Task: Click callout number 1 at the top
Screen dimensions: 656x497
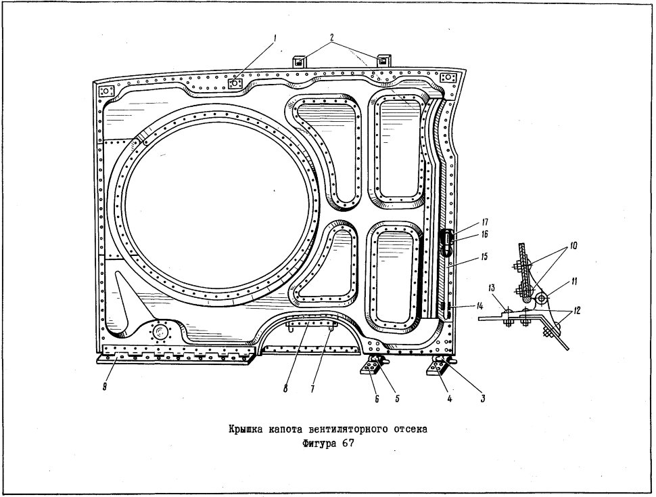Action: [x=275, y=39]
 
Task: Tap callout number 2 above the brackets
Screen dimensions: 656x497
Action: [x=332, y=37]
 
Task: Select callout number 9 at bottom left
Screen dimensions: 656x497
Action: [x=105, y=387]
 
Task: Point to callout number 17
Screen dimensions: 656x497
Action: [x=485, y=222]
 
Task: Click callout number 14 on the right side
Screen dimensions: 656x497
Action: [x=479, y=307]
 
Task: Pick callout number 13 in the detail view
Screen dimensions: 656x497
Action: [x=492, y=288]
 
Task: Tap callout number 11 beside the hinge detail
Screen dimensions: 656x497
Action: [x=574, y=282]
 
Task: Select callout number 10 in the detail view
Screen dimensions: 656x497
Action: [x=573, y=245]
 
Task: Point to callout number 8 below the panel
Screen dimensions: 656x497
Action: [x=285, y=389]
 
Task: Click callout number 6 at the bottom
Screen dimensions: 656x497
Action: [x=377, y=399]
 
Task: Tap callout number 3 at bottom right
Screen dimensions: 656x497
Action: [x=483, y=399]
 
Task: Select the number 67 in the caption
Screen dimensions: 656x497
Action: [x=348, y=444]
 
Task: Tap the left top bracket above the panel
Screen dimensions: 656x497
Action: [x=300, y=61]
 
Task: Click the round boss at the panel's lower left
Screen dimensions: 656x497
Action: [x=159, y=333]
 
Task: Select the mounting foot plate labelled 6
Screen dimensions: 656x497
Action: [x=371, y=368]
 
